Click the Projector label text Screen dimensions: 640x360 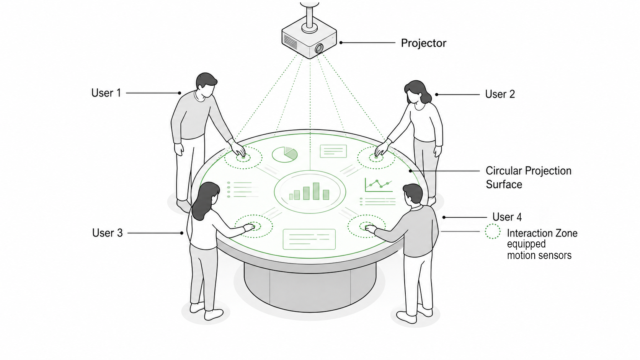[x=423, y=43]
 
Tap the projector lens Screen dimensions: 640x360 [x=319, y=48]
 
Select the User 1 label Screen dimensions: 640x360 [x=106, y=93]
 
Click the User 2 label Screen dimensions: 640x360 [x=500, y=94]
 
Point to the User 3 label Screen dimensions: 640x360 [x=108, y=233]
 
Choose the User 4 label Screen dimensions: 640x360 [x=507, y=217]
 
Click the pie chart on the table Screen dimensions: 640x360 [x=284, y=155]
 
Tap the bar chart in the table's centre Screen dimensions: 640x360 [x=309, y=191]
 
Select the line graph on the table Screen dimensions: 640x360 [x=379, y=185]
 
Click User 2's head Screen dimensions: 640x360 [x=417, y=92]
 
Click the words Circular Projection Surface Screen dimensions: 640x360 [x=529, y=178]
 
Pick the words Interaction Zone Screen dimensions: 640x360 [x=542, y=233]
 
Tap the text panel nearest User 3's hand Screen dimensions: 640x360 [x=309, y=239]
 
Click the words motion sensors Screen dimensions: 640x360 [x=539, y=255]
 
